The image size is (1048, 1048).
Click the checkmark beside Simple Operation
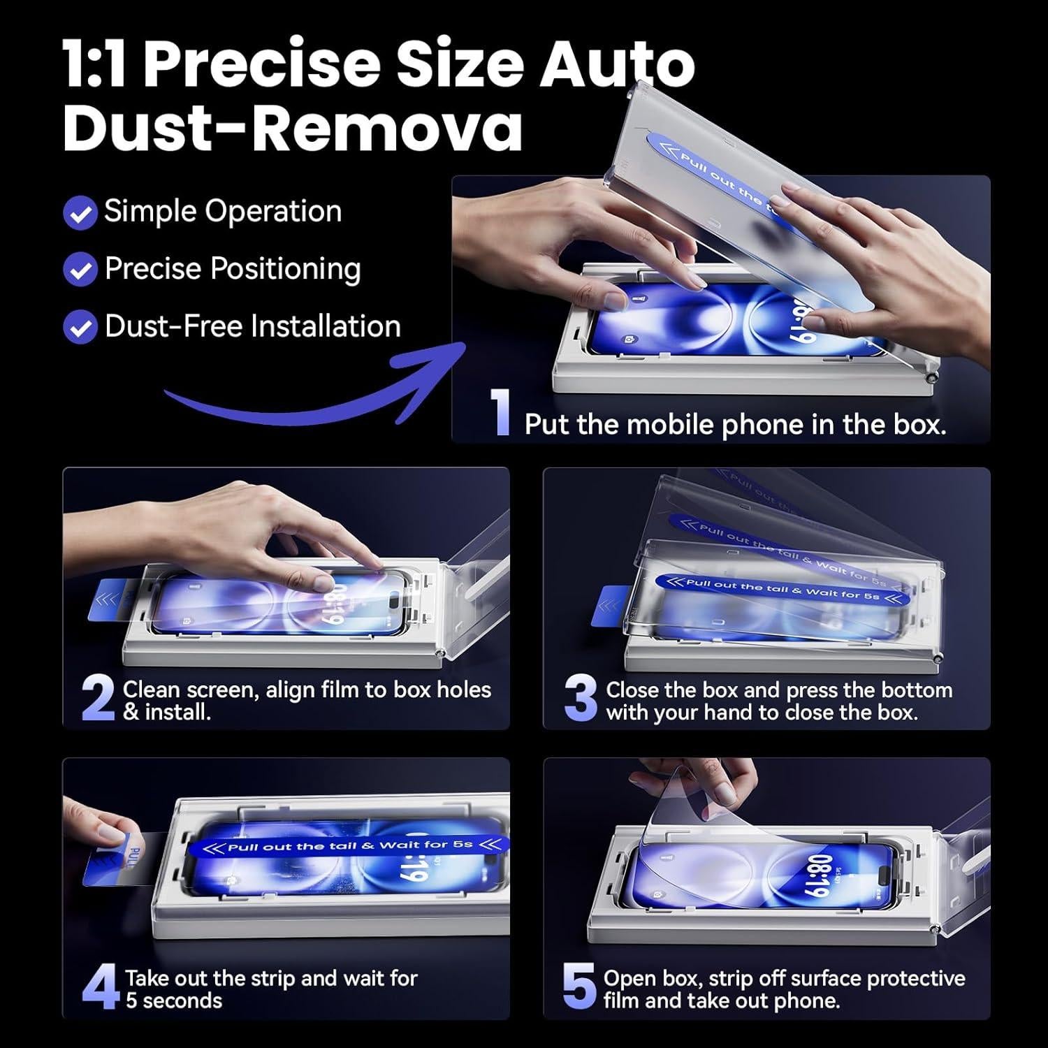[80, 213]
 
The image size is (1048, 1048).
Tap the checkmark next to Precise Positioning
[80, 270]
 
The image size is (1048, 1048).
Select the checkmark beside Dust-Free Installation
[80, 327]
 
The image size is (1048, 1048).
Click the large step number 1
[501, 412]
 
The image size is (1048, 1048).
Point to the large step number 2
[98, 699]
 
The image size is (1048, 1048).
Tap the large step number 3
[581, 698]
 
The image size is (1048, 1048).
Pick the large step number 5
[579, 987]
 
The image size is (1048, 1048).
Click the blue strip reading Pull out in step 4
[349, 845]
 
